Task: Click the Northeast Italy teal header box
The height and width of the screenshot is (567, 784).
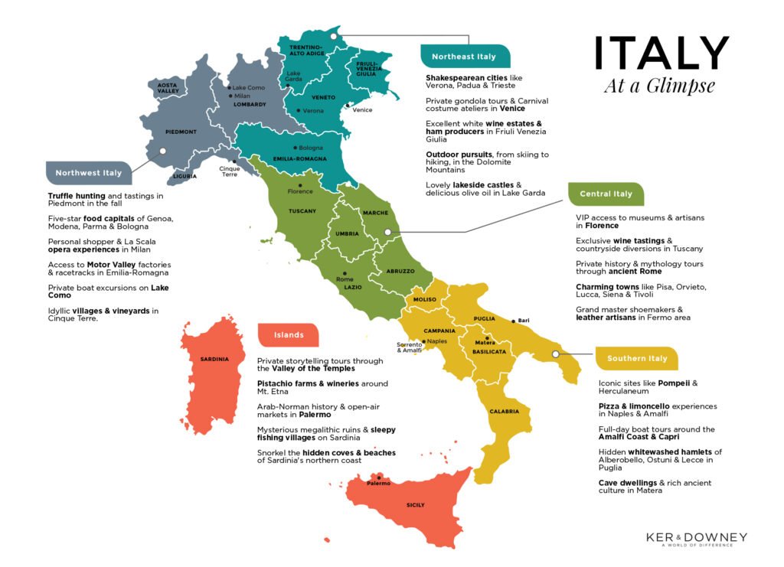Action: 463,56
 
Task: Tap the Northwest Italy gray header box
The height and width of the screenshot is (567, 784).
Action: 88,173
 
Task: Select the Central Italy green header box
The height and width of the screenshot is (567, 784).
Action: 606,194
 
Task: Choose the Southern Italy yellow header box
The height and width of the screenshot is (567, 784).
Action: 636,358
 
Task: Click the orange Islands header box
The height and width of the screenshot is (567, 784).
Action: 289,334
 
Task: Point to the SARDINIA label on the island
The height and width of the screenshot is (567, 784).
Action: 214,359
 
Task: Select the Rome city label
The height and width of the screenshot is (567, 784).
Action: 345,279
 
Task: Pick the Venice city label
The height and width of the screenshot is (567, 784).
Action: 363,110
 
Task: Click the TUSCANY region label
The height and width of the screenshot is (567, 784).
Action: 302,210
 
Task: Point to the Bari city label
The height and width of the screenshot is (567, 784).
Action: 524,320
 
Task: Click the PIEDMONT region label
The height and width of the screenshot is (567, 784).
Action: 181,132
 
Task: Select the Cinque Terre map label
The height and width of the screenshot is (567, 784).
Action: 230,170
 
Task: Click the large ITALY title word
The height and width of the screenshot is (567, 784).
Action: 661,54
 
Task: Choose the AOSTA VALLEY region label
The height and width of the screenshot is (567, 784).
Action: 168,88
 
